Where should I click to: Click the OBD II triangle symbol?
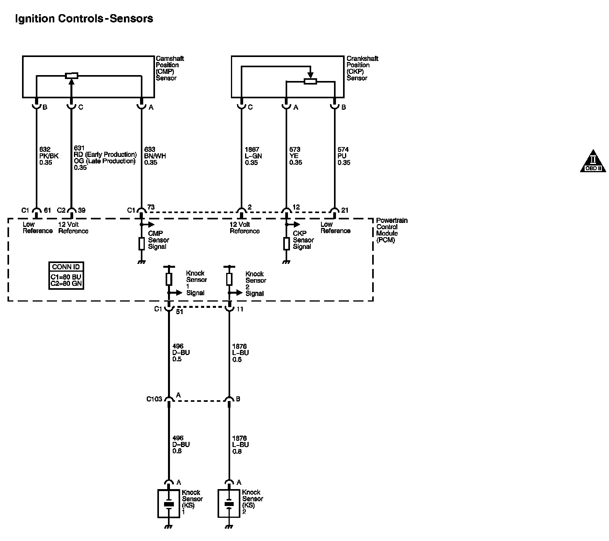click(x=593, y=162)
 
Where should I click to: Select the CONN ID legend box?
click(x=66, y=276)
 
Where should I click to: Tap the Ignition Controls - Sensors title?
click(x=84, y=18)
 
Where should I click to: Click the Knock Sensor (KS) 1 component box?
click(x=169, y=504)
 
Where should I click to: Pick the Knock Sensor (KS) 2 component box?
click(x=229, y=504)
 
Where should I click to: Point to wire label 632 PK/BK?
click(x=49, y=156)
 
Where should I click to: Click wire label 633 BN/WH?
click(x=155, y=156)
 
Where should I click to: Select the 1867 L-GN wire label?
click(x=253, y=156)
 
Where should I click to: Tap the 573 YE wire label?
click(x=295, y=156)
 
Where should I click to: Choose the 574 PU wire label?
click(x=344, y=156)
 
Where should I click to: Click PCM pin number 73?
click(x=151, y=207)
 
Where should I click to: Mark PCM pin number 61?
click(x=48, y=210)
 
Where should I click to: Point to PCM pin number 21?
click(x=345, y=210)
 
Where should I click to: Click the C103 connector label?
click(x=154, y=399)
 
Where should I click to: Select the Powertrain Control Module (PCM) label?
click(x=391, y=230)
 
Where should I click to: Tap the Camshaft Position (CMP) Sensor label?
click(x=170, y=68)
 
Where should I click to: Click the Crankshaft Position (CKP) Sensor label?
click(x=362, y=68)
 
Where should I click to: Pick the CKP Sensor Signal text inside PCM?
click(x=303, y=240)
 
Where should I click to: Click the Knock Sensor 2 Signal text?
click(x=255, y=283)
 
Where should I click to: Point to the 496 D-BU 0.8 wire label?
click(x=181, y=445)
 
